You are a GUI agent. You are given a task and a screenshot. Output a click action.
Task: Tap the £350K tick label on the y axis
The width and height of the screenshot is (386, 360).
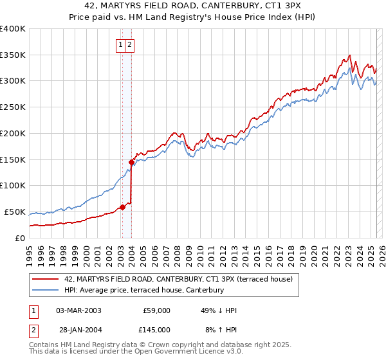pos(13,55)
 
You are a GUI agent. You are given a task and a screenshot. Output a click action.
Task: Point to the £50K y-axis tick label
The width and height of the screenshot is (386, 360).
pos(15,212)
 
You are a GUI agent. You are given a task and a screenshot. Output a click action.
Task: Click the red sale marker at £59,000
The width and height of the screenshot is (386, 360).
pos(122,207)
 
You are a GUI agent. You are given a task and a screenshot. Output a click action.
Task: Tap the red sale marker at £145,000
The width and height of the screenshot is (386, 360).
pos(131,162)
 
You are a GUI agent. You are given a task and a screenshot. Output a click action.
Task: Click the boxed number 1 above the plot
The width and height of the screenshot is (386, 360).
pos(120,44)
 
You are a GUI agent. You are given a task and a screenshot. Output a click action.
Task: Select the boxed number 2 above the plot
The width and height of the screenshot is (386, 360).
pos(129,44)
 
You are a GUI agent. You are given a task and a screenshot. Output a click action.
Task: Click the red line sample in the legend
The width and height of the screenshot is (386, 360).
pos(46,279)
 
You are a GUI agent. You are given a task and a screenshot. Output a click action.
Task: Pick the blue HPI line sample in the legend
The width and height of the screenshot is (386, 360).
pos(46,290)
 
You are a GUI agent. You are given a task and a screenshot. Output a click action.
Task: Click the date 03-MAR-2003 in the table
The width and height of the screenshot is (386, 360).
pos(78,310)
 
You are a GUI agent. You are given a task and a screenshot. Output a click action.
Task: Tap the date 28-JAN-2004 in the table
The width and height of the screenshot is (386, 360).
pos(78,330)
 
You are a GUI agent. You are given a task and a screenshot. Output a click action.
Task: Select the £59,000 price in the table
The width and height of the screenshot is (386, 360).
pos(156,310)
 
